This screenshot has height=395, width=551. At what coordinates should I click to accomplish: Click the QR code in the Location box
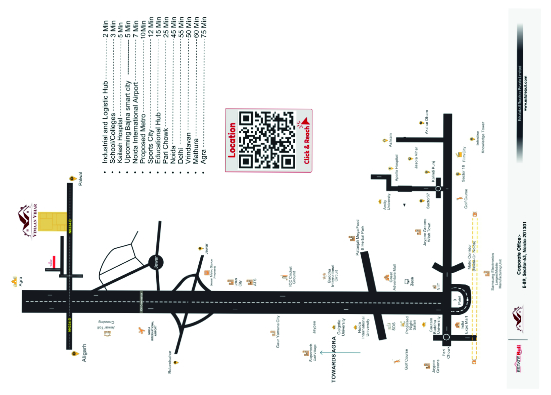pos(267,138)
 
